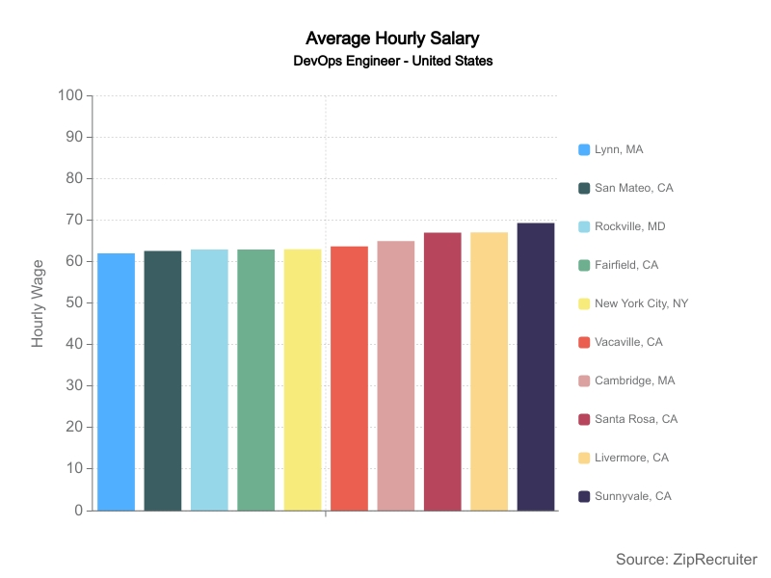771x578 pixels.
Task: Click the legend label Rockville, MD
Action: tap(629, 226)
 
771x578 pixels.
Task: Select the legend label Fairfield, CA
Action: tap(628, 265)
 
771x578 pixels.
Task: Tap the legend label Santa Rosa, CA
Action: tap(636, 419)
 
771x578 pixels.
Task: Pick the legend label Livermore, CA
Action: tap(633, 458)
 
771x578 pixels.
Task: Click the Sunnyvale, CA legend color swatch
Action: tap(584, 496)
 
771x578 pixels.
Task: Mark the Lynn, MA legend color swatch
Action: tap(584, 149)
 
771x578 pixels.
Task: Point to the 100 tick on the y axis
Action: tap(70, 95)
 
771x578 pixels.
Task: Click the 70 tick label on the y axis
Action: tap(74, 220)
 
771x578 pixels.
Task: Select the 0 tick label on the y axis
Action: tap(79, 511)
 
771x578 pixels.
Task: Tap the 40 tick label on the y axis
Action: tap(74, 344)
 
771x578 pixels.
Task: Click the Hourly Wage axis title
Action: tap(39, 303)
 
